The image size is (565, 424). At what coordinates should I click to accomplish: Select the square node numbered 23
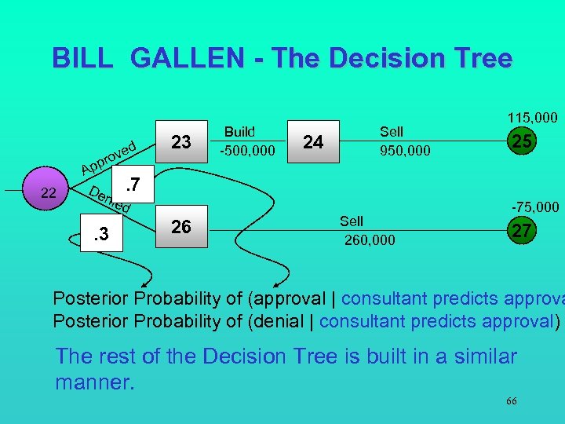pos(181,141)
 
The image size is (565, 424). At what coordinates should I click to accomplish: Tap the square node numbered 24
pos(313,141)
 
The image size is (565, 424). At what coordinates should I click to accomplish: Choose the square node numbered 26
pos(181,227)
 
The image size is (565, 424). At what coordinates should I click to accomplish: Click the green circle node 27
pos(519,231)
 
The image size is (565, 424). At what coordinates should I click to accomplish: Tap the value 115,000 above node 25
pos(532,117)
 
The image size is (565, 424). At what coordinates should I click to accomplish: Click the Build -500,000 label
pos(247,141)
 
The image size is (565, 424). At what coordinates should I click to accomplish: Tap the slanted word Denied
pos(108,200)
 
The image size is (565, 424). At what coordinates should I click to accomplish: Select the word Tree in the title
pos(479,58)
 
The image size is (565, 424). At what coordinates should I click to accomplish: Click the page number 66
pos(511,401)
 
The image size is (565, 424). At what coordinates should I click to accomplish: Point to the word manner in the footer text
pos(93,384)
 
